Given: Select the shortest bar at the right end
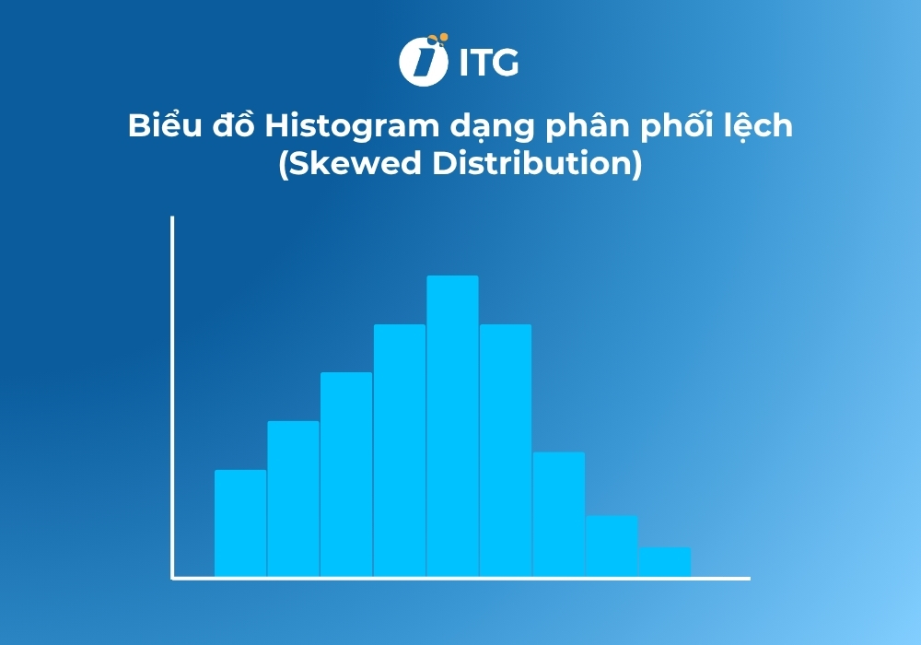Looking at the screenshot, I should pyautogui.click(x=665, y=562).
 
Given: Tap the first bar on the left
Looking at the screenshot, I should pyautogui.click(x=240, y=523).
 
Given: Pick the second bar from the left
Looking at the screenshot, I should pyautogui.click(x=294, y=498).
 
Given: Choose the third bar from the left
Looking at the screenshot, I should pyautogui.click(x=346, y=475).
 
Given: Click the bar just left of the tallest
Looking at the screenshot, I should pyautogui.click(x=400, y=451).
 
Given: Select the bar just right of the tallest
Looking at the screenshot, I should pyautogui.click(x=506, y=451).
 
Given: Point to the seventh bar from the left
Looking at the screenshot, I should pyautogui.click(x=558, y=514).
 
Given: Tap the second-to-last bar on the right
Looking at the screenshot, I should pyautogui.click(x=612, y=546).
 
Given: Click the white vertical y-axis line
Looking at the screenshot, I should pyautogui.click(x=172, y=387).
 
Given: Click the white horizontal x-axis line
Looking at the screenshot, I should pyautogui.click(x=460, y=579).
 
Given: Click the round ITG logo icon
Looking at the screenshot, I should pyautogui.click(x=423, y=62).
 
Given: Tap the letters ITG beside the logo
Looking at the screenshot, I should pyautogui.click(x=488, y=63).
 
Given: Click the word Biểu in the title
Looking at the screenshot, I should pyautogui.click(x=158, y=126).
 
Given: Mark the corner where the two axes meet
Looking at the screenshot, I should pyautogui.click(x=173, y=578).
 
